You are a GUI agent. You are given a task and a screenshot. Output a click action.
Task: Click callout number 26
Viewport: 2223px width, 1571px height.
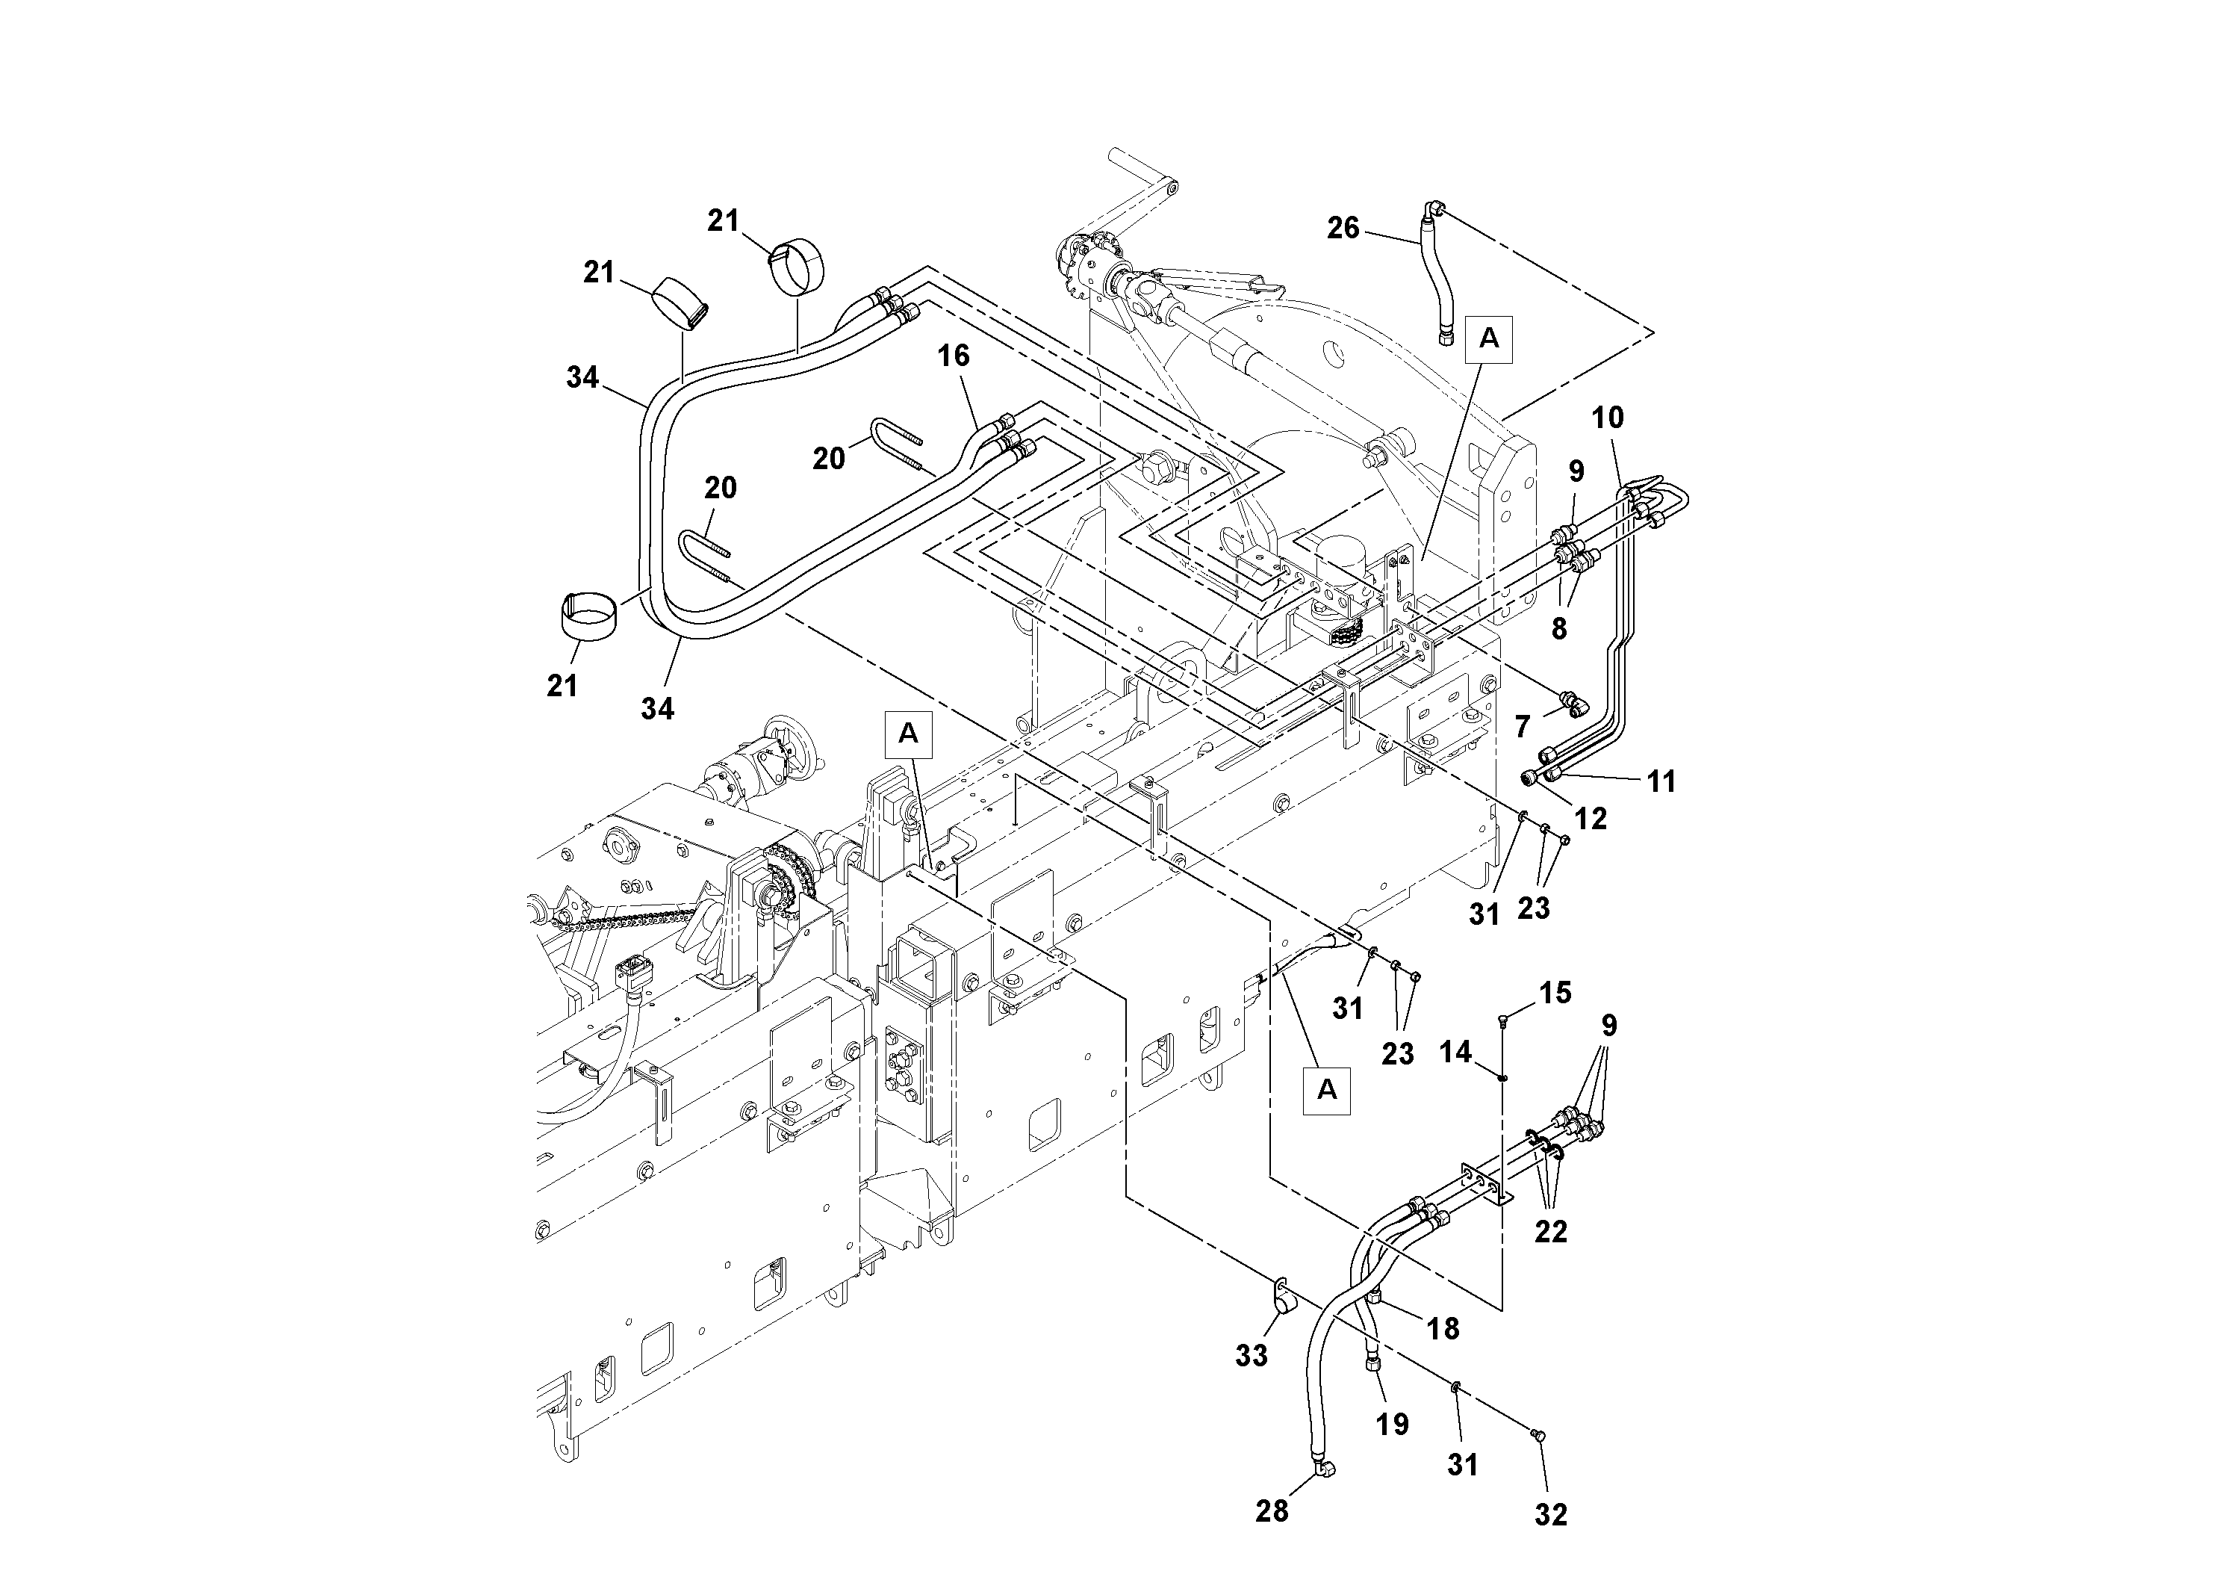tap(1342, 229)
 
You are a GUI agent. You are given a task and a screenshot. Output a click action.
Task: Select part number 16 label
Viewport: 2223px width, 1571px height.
tap(953, 356)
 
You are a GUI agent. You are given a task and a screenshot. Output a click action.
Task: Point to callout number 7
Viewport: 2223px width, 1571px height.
tap(1523, 725)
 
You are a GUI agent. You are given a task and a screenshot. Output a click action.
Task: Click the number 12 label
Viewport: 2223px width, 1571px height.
tap(1590, 819)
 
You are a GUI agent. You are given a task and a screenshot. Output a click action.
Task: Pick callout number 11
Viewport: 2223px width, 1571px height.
tap(1661, 781)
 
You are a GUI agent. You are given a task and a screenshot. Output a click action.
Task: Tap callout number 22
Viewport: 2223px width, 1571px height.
tap(1550, 1231)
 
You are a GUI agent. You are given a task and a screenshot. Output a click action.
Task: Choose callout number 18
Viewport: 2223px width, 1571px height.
tap(1443, 1329)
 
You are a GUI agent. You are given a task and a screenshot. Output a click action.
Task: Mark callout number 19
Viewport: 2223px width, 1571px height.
tap(1393, 1424)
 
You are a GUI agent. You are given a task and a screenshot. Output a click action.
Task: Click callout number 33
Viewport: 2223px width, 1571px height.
tap(1251, 1356)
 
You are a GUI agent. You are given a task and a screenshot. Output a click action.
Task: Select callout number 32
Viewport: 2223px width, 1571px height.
tap(1550, 1515)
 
